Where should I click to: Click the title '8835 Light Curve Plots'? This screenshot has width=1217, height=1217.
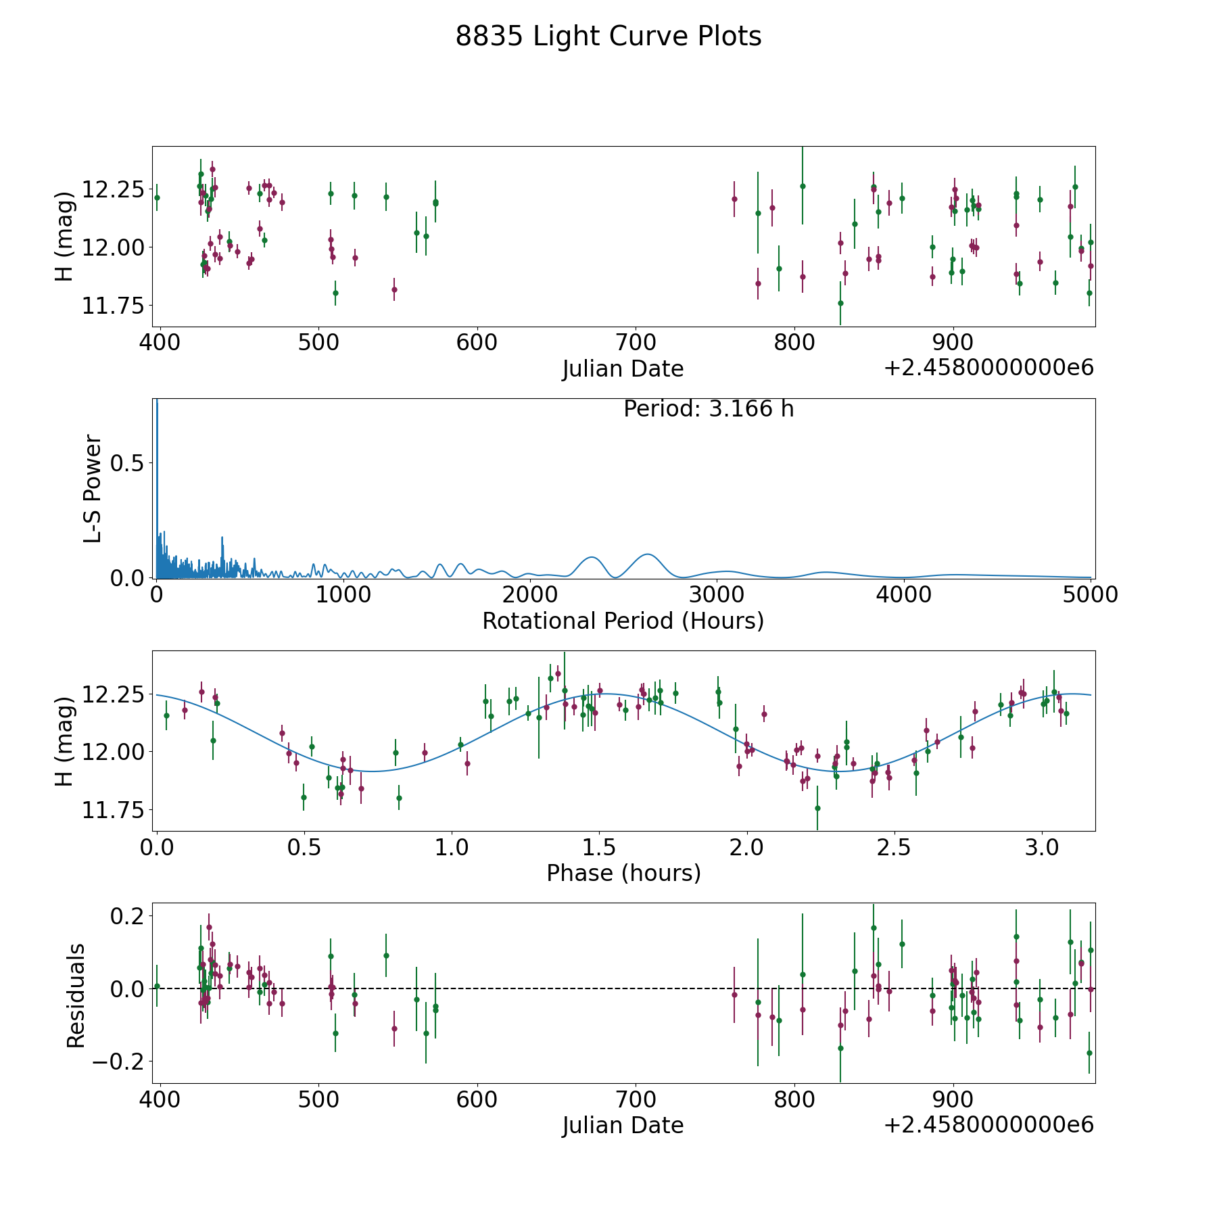click(x=608, y=37)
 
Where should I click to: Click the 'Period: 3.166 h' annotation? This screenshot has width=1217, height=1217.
click(x=708, y=409)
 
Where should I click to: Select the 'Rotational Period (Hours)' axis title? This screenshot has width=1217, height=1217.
click(x=623, y=621)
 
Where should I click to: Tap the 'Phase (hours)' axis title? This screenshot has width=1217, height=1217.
click(x=623, y=873)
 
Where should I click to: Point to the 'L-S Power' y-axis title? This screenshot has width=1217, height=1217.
click(x=93, y=488)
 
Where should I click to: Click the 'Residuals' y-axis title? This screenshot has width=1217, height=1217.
click(x=76, y=995)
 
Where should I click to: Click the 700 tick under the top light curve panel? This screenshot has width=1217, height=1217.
click(x=636, y=343)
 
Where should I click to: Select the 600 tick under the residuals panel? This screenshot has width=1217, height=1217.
click(x=477, y=1100)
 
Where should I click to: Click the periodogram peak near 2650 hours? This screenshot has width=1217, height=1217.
click(x=648, y=554)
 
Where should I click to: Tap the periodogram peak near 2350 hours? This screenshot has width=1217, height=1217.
click(x=592, y=557)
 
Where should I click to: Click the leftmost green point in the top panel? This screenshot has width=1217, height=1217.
click(x=157, y=197)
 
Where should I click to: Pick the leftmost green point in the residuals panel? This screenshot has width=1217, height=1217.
click(x=157, y=986)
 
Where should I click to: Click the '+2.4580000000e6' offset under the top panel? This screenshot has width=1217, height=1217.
click(x=988, y=368)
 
